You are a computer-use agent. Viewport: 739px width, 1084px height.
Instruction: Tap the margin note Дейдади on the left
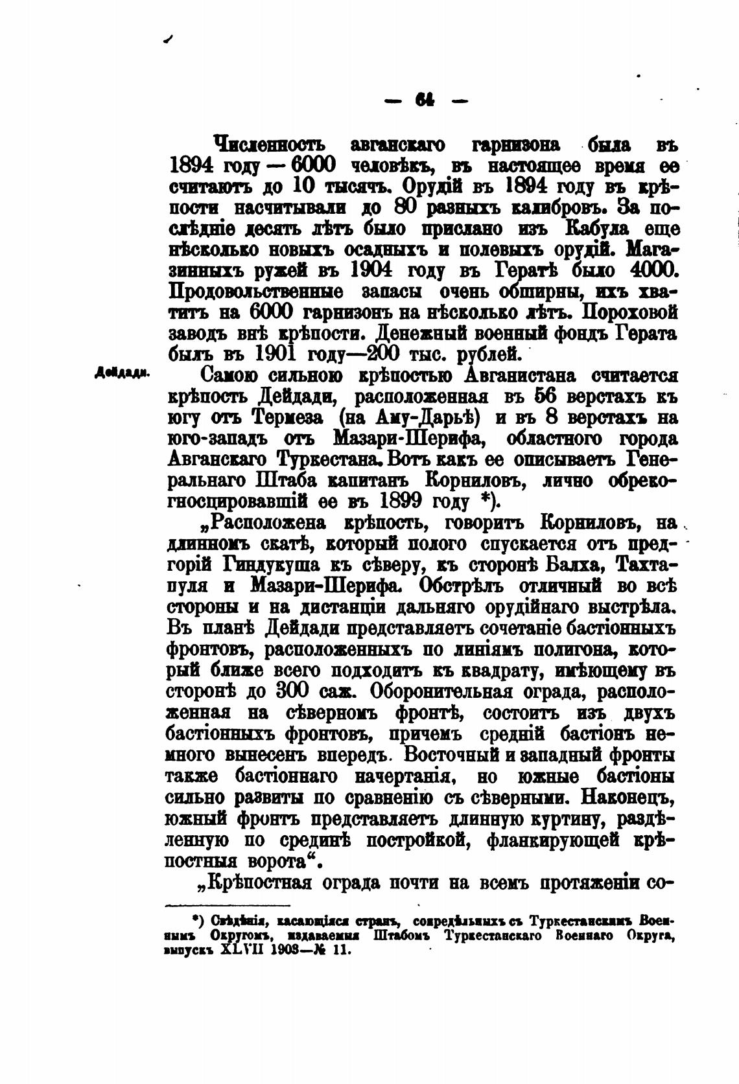coord(122,373)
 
